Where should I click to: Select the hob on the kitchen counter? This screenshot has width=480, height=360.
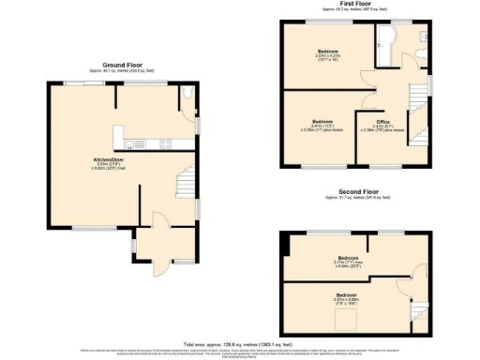click(x=165, y=143)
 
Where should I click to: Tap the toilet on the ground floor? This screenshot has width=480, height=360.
click(x=188, y=94)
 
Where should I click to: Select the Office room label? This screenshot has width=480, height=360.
click(x=382, y=122)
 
